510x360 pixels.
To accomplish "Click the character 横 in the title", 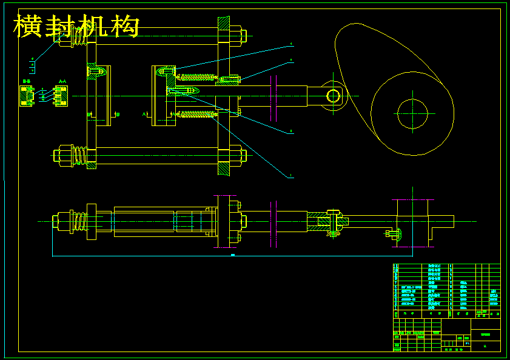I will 27,27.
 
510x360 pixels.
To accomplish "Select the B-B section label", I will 26,81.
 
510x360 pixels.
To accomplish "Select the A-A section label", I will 62,81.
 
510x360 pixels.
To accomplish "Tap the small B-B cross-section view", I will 26,96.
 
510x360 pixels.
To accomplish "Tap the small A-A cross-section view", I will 60,96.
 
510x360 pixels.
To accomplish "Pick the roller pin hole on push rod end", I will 332,96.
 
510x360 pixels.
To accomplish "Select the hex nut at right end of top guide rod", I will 236,36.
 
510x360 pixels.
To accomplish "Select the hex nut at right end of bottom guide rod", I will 236,156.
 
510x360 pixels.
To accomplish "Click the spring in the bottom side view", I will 78,221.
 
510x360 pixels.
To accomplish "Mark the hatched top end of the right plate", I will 224,24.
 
